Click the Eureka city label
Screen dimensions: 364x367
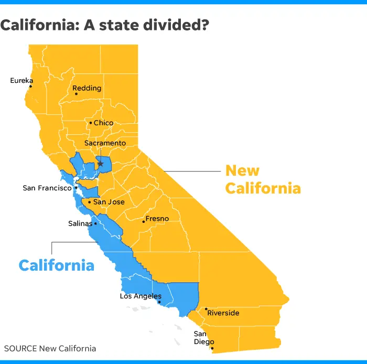click(x=21, y=81)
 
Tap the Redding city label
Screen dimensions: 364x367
click(x=87, y=88)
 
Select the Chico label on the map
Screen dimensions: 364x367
click(x=103, y=123)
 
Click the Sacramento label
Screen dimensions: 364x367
click(x=105, y=143)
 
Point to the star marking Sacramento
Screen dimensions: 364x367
click(x=100, y=164)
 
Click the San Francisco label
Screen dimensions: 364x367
click(x=47, y=188)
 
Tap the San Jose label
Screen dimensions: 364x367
click(x=109, y=202)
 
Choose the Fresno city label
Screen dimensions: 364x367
click(x=157, y=218)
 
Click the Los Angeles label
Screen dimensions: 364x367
click(x=141, y=296)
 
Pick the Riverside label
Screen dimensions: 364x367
click(x=223, y=313)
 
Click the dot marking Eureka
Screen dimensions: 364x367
click(x=30, y=87)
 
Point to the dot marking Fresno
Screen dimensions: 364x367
click(x=143, y=221)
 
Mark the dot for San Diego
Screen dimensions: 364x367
click(x=212, y=348)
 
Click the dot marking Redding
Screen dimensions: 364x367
click(x=76, y=94)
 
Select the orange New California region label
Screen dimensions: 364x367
click(x=263, y=179)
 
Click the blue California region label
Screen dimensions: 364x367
click(x=57, y=265)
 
